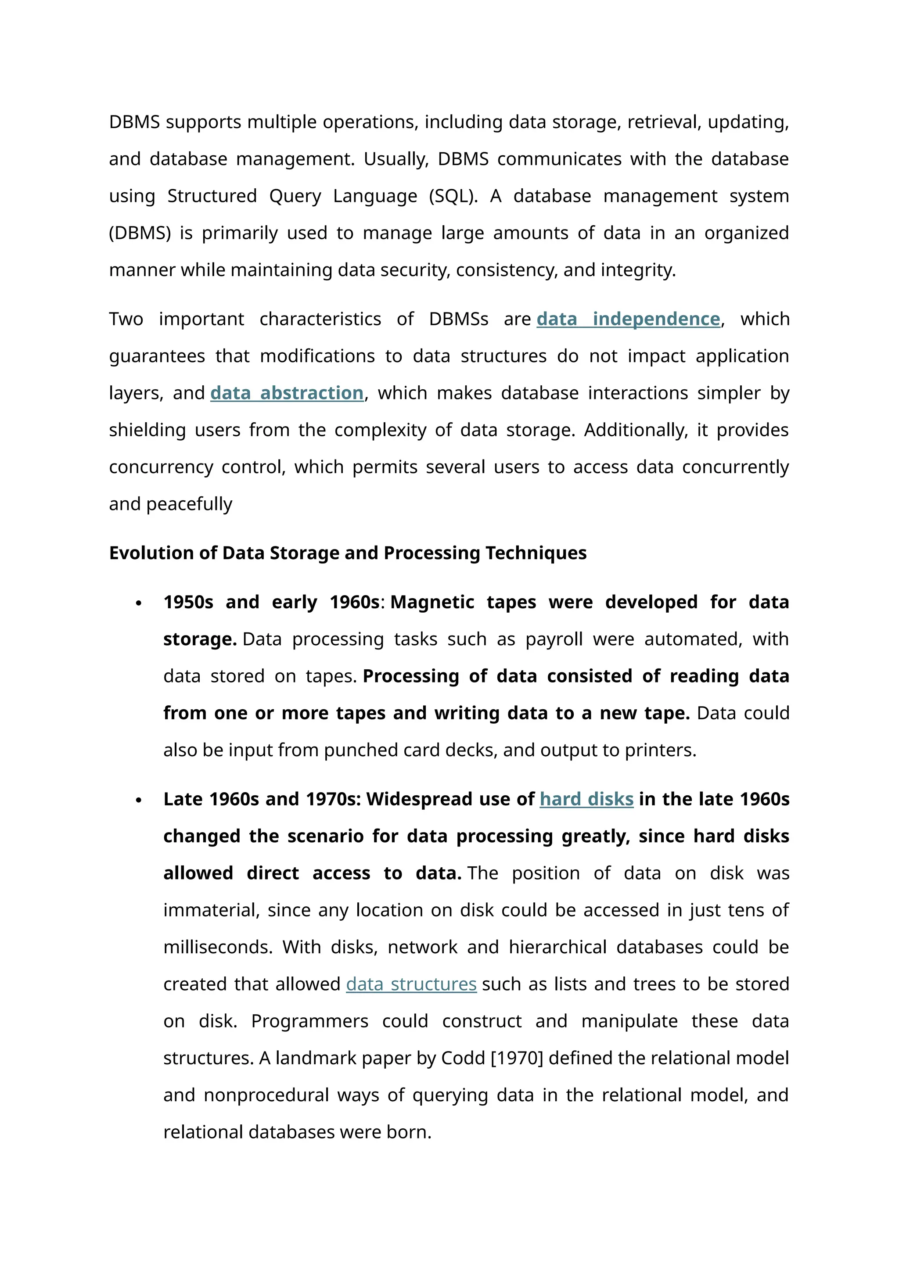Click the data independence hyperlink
click(x=628, y=320)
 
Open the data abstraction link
click(x=287, y=393)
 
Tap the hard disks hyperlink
click(x=586, y=799)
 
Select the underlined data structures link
click(x=411, y=984)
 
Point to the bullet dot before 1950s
click(x=139, y=603)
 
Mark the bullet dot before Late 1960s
click(x=139, y=801)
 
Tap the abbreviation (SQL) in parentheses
click(x=453, y=197)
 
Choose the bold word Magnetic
click(x=432, y=602)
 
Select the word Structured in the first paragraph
click(x=212, y=196)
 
